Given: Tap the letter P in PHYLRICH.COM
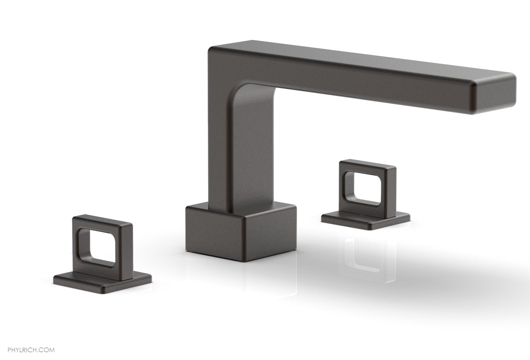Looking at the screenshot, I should click(10, 338).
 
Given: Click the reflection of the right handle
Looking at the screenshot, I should click(366, 254).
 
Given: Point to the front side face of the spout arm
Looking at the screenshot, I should click(352, 83).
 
